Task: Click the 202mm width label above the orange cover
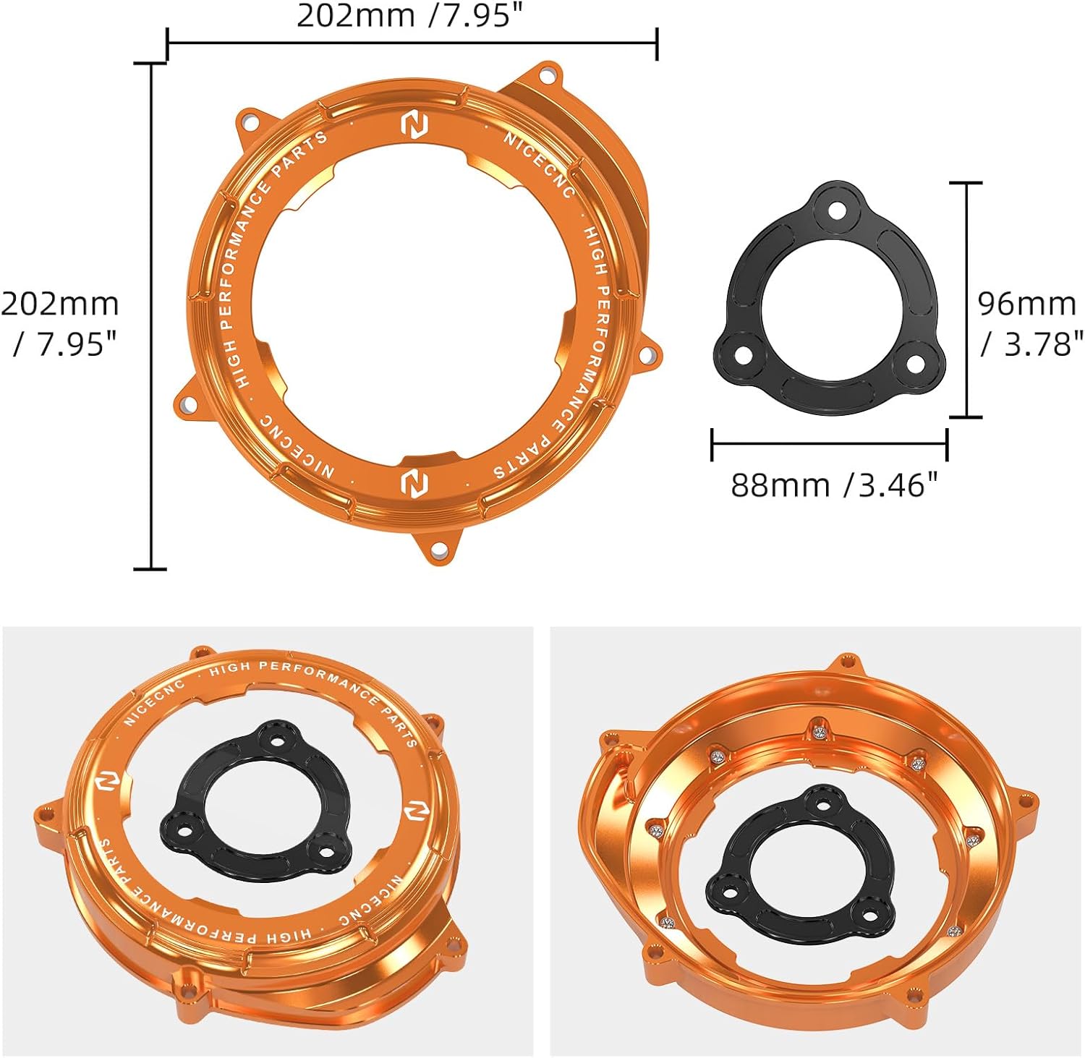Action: click(409, 16)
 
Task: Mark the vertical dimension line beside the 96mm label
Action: click(965, 299)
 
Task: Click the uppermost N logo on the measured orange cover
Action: click(414, 124)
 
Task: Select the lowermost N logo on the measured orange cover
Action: click(414, 482)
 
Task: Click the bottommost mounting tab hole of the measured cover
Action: click(438, 551)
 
